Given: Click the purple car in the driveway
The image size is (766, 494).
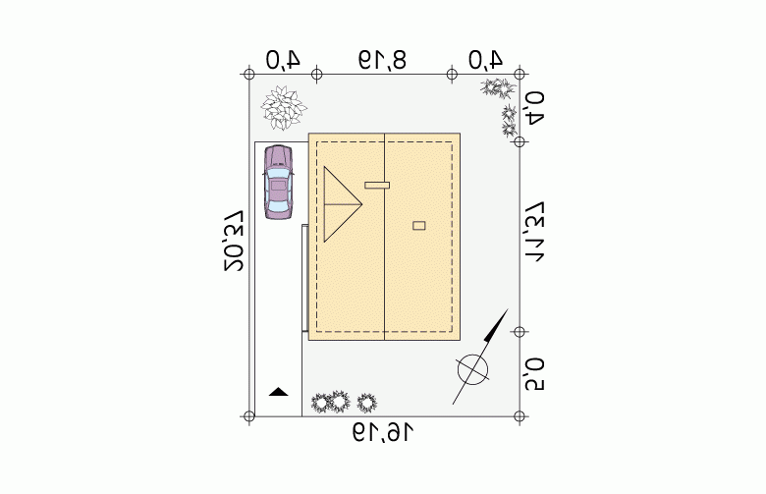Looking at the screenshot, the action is [279, 182].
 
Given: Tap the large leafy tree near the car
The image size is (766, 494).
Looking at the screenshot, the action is [284, 108].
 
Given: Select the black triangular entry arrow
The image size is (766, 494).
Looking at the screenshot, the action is [279, 392].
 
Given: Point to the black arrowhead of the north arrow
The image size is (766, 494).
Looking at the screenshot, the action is [497, 324].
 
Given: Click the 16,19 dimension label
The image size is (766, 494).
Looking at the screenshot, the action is [383, 433].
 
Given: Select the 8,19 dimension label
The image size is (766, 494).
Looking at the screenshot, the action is [383, 60].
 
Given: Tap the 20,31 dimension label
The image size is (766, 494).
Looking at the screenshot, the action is [234, 241].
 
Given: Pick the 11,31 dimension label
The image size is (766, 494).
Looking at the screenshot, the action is [533, 232].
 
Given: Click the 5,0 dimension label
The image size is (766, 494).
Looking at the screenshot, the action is [534, 374].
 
